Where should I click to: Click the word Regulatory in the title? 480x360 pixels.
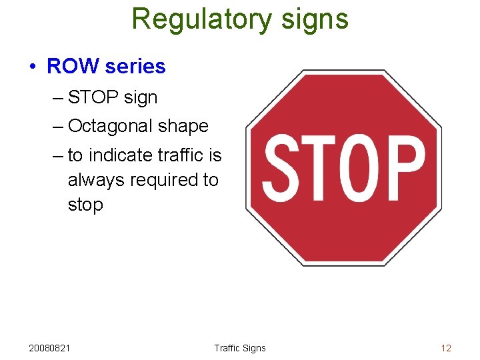click(x=193, y=19)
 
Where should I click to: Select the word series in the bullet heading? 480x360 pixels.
click(x=135, y=67)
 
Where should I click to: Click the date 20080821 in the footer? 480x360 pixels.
click(x=51, y=348)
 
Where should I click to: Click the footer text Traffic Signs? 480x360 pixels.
click(x=240, y=348)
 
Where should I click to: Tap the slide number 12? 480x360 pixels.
click(x=446, y=348)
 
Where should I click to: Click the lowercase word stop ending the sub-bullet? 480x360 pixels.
click(x=85, y=205)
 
